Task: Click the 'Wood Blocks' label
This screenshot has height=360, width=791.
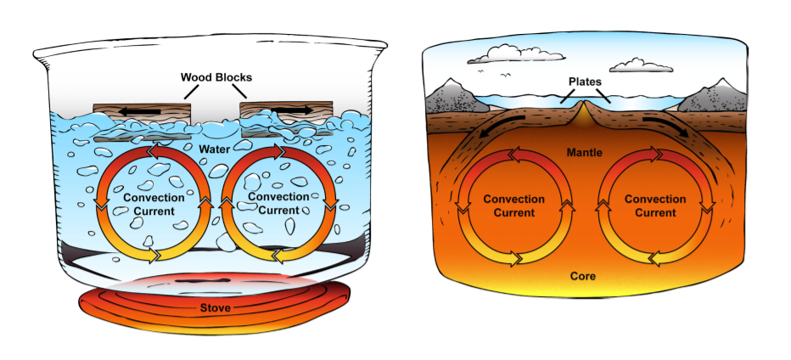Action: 216,77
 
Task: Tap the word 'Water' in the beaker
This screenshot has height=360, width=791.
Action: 216,149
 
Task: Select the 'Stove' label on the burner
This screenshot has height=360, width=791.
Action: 215,307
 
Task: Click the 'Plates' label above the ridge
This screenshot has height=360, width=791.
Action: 586,82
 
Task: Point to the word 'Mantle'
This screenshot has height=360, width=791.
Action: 586,153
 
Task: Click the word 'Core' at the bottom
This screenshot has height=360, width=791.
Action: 583,276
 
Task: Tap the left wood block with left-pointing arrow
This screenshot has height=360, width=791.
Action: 142,114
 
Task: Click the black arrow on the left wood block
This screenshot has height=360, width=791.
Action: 143,110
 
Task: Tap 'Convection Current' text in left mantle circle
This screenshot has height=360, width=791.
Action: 513,205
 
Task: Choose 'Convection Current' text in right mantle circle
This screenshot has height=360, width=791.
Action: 654,205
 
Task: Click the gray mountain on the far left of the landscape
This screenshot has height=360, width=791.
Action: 454,97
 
